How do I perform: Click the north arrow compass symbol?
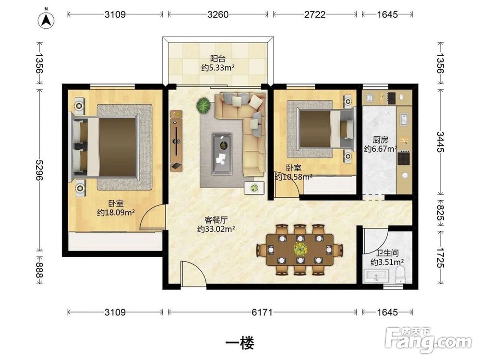[x=46, y=20]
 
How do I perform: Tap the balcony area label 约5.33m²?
[x=217, y=67]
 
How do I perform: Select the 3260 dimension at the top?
[x=217, y=14]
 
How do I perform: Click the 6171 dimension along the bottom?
[x=262, y=312]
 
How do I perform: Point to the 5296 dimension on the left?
[x=39, y=170]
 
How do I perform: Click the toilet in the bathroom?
[x=400, y=274]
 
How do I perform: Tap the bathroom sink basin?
[x=376, y=276]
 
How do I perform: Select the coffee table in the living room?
[x=222, y=154]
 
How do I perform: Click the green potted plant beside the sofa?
[x=203, y=105]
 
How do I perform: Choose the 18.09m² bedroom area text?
[x=116, y=213]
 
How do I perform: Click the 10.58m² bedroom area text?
[x=294, y=177]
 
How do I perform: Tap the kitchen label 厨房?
[x=381, y=140]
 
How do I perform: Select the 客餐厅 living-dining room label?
[x=216, y=220]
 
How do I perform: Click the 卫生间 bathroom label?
[x=387, y=253]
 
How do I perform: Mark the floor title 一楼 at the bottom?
[x=240, y=343]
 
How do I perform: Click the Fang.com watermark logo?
[x=429, y=339]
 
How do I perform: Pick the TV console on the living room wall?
[x=176, y=141]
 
